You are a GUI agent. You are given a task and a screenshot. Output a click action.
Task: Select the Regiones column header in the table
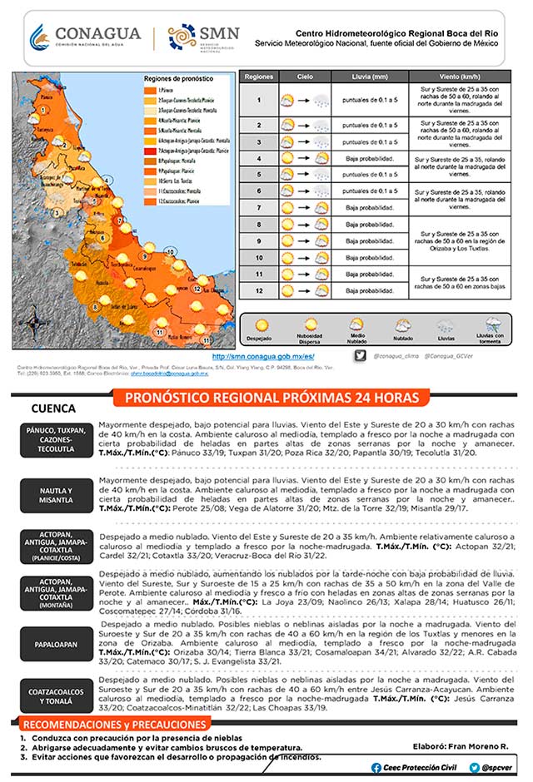pyautogui.click(x=258, y=76)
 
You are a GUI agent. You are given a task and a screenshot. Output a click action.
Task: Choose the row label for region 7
pyautogui.click(x=258, y=208)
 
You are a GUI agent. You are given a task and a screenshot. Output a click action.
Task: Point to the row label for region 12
pyautogui.click(x=258, y=290)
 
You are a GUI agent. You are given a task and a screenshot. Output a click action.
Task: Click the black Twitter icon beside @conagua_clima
pyautogui.click(x=359, y=355)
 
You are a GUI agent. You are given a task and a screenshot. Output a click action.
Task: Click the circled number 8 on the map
pyautogui.click(x=96, y=306)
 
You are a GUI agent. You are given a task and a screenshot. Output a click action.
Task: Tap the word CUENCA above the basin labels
pyautogui.click(x=53, y=408)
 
